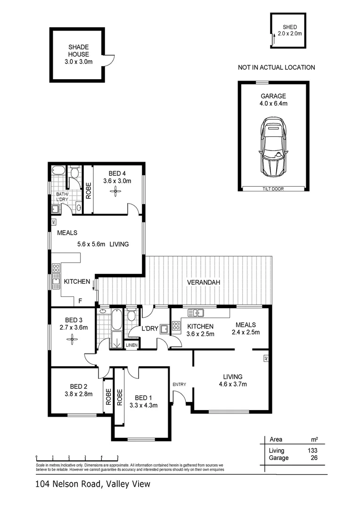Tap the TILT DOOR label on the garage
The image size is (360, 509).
pos(273,189)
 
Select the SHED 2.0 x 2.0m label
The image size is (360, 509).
pos(289,30)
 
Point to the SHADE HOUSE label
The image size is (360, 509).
pos(78,50)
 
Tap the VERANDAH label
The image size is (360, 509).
pos(204,282)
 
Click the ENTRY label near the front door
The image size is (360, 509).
pos(179,385)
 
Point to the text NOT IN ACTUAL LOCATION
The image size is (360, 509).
pos(276,67)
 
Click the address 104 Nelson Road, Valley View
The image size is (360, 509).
pos(92,484)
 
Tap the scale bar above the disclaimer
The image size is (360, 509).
pos(77,457)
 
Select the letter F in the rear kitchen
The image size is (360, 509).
pos(80,301)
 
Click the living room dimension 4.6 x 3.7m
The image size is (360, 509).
pos(232,384)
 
